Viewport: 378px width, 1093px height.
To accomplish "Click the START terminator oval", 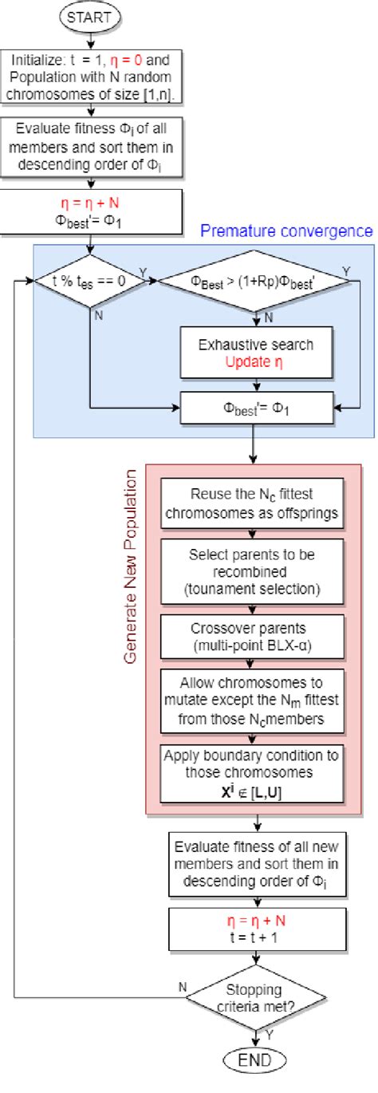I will click(94, 17).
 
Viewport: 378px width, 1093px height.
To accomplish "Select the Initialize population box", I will click(95, 73).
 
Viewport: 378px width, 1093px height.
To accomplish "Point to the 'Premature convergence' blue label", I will click(285, 231).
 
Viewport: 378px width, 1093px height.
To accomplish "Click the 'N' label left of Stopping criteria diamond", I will click(183, 986).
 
